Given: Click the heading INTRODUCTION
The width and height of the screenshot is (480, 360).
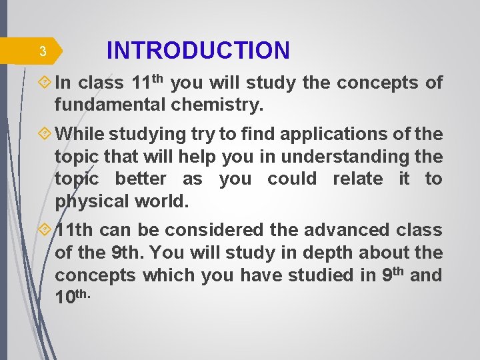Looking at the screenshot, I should (198, 51).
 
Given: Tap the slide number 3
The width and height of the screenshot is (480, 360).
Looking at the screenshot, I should (42, 51).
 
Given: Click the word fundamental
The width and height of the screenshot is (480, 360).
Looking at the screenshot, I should (110, 105).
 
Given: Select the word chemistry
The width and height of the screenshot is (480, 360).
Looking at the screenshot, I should (217, 105).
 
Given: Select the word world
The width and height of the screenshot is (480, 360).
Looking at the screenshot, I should (161, 201).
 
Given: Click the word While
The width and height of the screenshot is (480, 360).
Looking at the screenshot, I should (79, 134).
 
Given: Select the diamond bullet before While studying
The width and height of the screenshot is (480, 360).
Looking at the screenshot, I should (45, 134).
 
